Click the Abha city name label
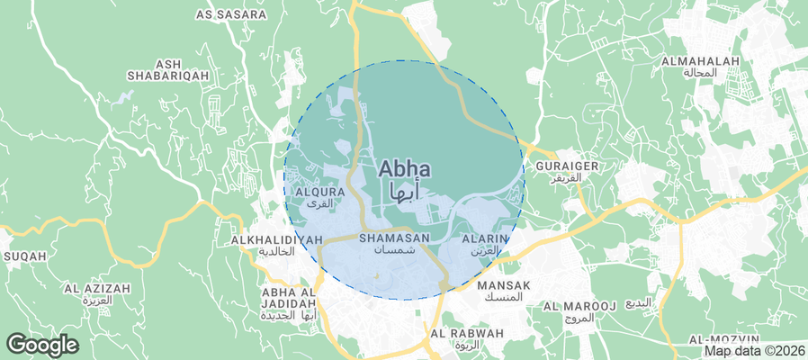(x=404, y=168)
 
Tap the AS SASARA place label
(x=231, y=15)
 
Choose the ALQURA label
(x=320, y=192)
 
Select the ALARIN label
(x=486, y=238)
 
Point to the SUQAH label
(x=25, y=256)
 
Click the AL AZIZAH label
(x=96, y=289)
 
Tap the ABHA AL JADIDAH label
(x=289, y=298)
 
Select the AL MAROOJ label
(x=579, y=307)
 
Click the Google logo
(x=42, y=345)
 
